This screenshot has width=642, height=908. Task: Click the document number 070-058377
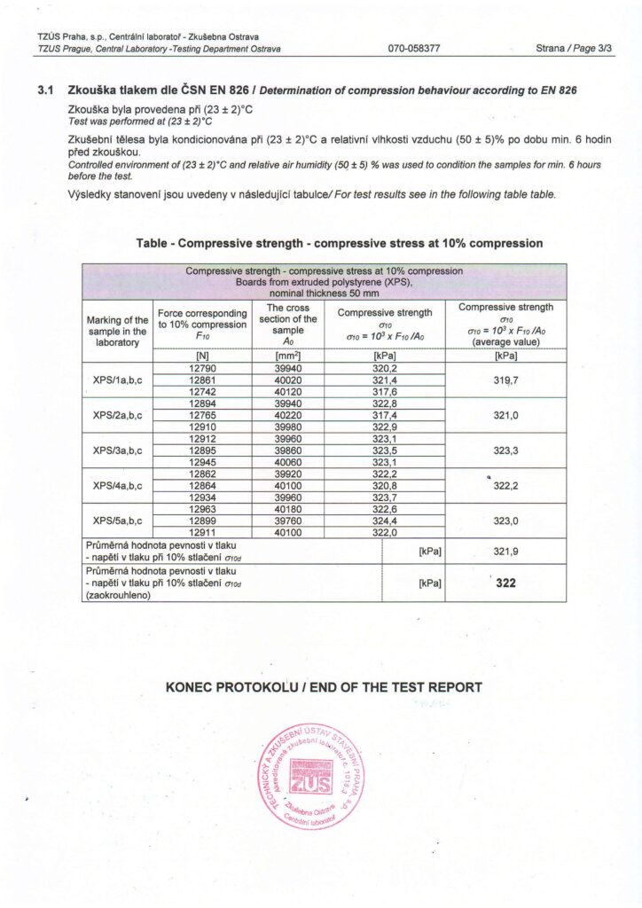pos(414,49)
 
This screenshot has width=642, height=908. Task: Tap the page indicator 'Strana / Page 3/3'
pos(575,49)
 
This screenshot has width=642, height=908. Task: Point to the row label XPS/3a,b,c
pos(116,450)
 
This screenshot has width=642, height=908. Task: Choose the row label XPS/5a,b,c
pos(116,521)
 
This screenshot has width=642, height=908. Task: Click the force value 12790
pos(202,368)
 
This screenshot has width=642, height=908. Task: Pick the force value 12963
pos(202,509)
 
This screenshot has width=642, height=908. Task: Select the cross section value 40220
pos(292,415)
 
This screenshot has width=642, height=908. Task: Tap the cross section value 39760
pos(292,521)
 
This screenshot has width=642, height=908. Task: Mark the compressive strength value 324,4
pos(384,521)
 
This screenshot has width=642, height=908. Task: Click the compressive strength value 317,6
pos(384,391)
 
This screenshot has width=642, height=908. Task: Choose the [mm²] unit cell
pos(292,356)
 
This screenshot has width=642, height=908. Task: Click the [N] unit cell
pos(202,356)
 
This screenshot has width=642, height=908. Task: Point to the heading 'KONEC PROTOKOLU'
pos(232,687)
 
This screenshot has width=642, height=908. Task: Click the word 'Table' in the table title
pos(154,243)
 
